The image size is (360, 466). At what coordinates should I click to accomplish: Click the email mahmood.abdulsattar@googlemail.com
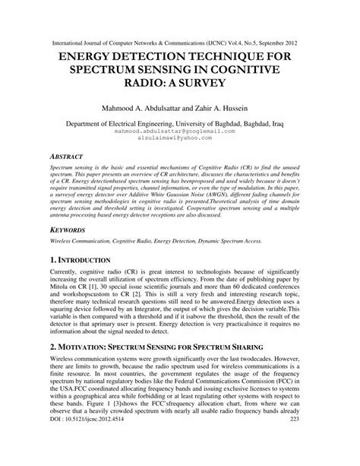pyautogui.click(x=180, y=131)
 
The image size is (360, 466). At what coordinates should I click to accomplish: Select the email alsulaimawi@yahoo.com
pyautogui.click(x=180, y=139)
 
